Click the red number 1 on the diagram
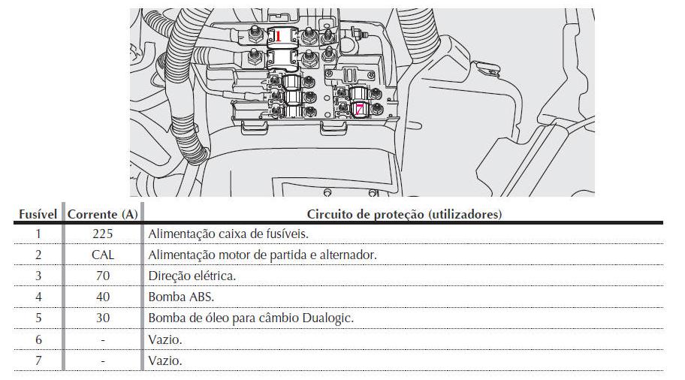pyautogui.click(x=278, y=36)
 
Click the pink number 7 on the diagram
pyautogui.click(x=359, y=109)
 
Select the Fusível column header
pyautogui.click(x=38, y=215)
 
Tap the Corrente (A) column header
pyautogui.click(x=103, y=215)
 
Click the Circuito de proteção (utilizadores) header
pyautogui.click(x=404, y=215)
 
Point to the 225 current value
pyautogui.click(x=103, y=234)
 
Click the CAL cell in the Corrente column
pyautogui.click(x=103, y=255)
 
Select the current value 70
pyautogui.click(x=103, y=276)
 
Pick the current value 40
pyautogui.click(x=103, y=297)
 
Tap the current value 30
pyautogui.click(x=103, y=318)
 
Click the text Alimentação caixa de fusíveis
pyautogui.click(x=228, y=234)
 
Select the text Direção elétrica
pyautogui.click(x=192, y=276)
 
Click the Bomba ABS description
pyautogui.click(x=181, y=297)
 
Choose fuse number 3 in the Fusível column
pyautogui.click(x=38, y=276)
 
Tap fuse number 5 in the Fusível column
pyautogui.click(x=38, y=318)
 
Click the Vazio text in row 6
pyautogui.click(x=164, y=339)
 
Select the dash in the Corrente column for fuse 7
pyautogui.click(x=103, y=361)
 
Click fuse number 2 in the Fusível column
pyautogui.click(x=38, y=255)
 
